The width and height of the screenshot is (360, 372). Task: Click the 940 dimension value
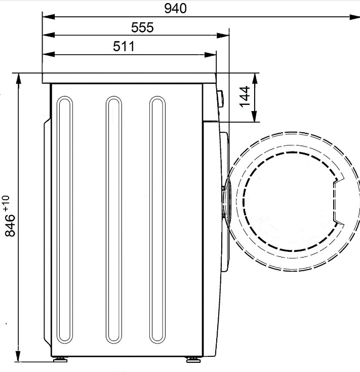pos(175,9)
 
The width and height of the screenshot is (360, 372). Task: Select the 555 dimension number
pos(142,27)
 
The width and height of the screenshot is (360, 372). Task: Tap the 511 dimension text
pos(124,46)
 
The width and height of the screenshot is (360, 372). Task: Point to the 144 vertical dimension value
pos(245,97)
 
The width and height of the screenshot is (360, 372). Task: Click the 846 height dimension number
pos(10,226)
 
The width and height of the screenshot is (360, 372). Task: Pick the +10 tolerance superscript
pos(6,203)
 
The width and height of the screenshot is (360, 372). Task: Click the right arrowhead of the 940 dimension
pos(354,17)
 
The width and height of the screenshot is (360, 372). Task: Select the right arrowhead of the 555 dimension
pos(223,35)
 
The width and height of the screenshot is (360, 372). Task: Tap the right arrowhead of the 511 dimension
pos(210,55)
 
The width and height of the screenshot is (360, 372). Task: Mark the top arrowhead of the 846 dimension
pos(18,79)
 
